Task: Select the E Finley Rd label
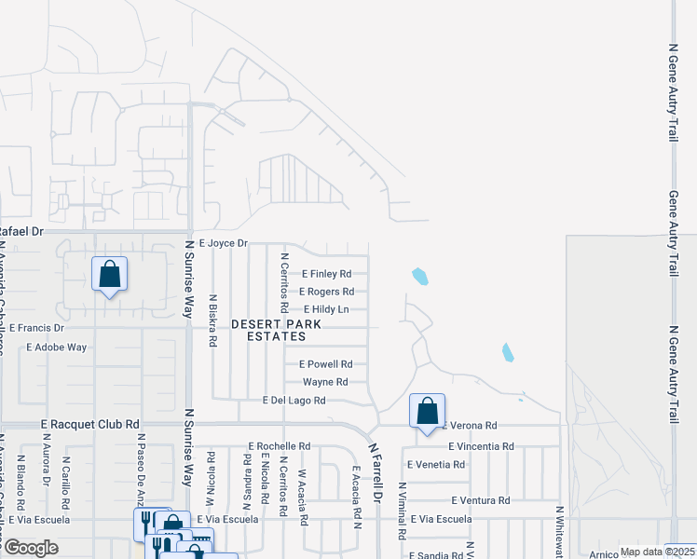(326, 274)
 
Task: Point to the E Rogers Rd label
(326, 292)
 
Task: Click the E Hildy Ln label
(326, 309)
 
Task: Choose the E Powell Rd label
(325, 364)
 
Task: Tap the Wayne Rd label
(325, 382)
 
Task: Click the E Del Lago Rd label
(294, 401)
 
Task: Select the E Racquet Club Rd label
(89, 423)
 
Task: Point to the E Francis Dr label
(36, 328)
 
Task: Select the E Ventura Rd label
(479, 500)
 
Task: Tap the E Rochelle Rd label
(279, 446)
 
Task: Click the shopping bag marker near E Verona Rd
(427, 411)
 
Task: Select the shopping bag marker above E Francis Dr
(110, 275)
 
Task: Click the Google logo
(30, 548)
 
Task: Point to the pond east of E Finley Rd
(420, 276)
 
